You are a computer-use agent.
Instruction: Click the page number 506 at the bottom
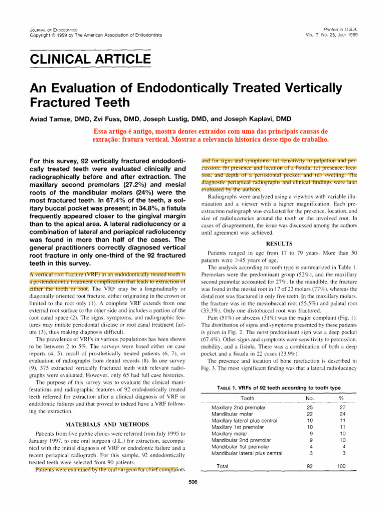coord(192,482)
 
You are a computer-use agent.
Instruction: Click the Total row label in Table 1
coord(222,466)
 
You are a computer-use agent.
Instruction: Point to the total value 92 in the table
coord(309,466)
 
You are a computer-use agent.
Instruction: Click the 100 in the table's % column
coord(341,466)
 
